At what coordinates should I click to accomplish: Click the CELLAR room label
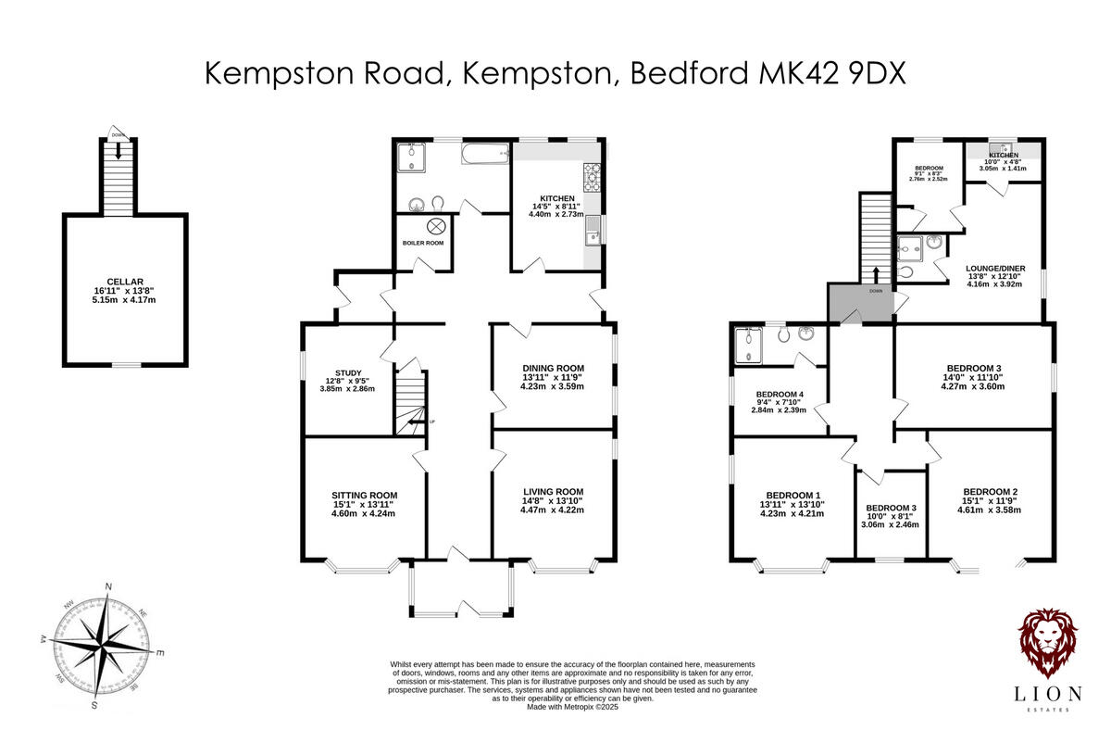pyautogui.click(x=125, y=281)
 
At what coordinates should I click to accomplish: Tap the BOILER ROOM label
pyautogui.click(x=423, y=243)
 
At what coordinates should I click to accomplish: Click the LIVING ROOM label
pyautogui.click(x=553, y=492)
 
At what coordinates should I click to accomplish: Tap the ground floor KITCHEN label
pyautogui.click(x=557, y=198)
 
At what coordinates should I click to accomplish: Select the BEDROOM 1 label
pyautogui.click(x=793, y=494)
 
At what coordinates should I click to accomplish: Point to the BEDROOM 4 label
pyautogui.click(x=780, y=393)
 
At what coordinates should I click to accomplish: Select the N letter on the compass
pyautogui.click(x=109, y=587)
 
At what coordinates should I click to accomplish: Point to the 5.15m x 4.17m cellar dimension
pyautogui.click(x=125, y=299)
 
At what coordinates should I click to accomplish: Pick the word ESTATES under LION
pyautogui.click(x=1051, y=710)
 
